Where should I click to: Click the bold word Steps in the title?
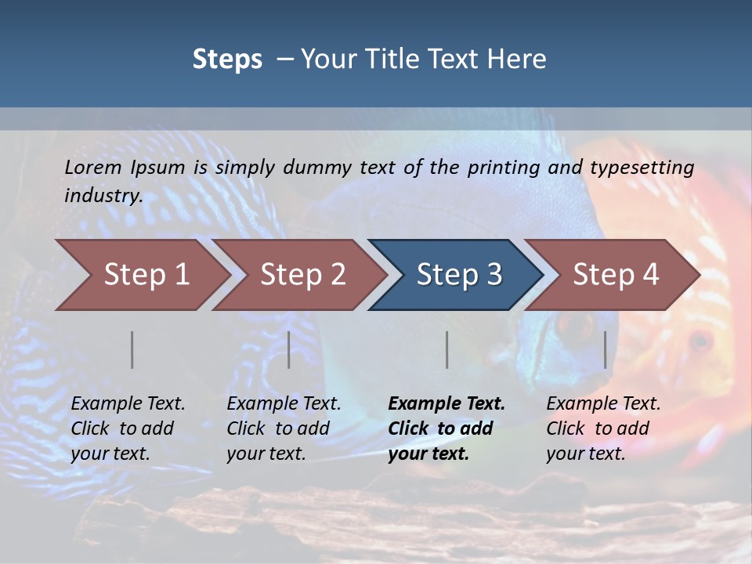click(227, 60)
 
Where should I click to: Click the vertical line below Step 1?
click(132, 349)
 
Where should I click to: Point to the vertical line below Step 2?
click(289, 349)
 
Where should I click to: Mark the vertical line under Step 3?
click(447, 349)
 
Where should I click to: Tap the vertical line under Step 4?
click(606, 349)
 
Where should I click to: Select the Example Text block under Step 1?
click(128, 428)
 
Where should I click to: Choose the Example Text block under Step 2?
click(284, 428)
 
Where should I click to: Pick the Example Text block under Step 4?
click(603, 428)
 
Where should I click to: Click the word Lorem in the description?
click(93, 168)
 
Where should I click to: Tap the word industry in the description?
click(103, 196)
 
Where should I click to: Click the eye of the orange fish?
click(700, 341)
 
